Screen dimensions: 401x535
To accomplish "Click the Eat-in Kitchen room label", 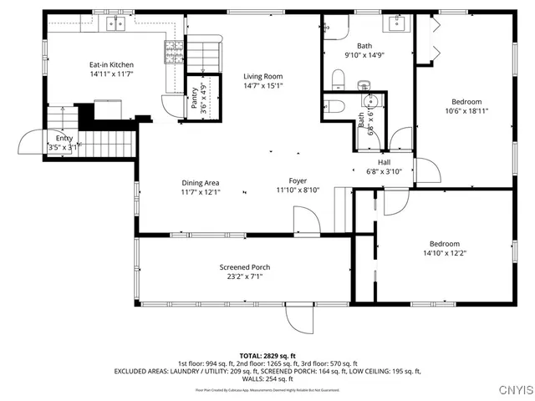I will (111, 65).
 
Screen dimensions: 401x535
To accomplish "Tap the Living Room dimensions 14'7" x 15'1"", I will (263, 85).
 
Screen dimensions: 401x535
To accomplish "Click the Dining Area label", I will (201, 182).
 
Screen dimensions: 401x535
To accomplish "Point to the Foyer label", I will (298, 180).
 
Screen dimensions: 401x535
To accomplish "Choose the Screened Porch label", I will (245, 267).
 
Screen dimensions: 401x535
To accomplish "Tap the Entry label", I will (64, 139).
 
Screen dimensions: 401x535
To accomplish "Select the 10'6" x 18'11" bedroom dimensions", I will (466, 110).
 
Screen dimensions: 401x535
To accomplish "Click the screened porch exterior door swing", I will (299, 317).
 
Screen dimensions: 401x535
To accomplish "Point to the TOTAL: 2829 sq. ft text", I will (267, 356).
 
